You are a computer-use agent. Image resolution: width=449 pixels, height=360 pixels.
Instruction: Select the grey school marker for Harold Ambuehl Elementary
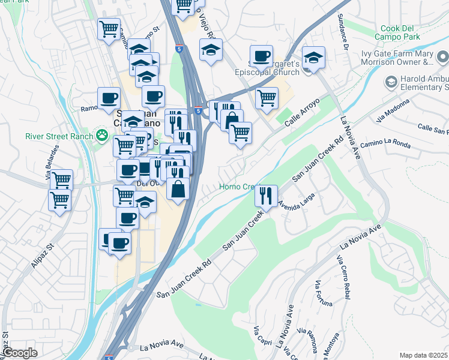[391, 81]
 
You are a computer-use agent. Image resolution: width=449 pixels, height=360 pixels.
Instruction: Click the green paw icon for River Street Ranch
[104, 136]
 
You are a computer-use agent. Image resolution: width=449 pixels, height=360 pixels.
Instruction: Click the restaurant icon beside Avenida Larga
[266, 196]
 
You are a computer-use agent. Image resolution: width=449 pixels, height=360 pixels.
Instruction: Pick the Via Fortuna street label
[322, 294]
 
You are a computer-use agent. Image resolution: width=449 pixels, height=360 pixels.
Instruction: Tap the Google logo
[20, 353]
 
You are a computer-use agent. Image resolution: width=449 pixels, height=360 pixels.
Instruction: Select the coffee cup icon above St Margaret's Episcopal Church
[261, 57]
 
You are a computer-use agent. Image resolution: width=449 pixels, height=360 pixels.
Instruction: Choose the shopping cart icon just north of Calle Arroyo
[267, 98]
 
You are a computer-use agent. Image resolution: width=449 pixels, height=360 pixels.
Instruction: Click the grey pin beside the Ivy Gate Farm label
[442, 57]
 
